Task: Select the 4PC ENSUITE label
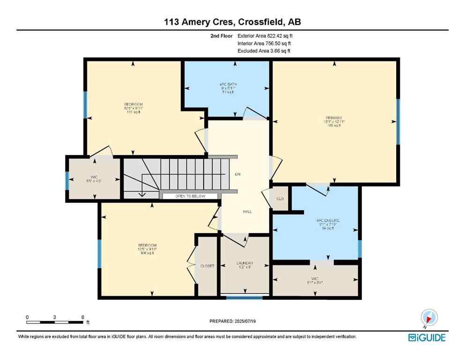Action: point(328,220)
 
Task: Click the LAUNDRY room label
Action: point(244,263)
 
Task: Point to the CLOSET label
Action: point(207,266)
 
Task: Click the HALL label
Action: point(247,211)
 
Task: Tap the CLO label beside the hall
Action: point(280,199)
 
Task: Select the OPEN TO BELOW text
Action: point(190,196)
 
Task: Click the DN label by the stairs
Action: point(237,174)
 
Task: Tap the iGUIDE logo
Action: point(427,337)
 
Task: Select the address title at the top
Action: point(232,22)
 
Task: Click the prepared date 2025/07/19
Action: point(232,321)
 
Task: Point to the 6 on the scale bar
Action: point(82,317)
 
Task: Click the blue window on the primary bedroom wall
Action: point(398,121)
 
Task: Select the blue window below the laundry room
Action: point(244,297)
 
